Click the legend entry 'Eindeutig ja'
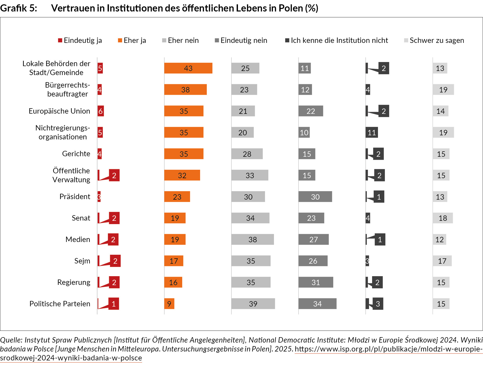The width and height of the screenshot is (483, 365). (x=80, y=40)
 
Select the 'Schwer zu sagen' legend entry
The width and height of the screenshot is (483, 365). (x=434, y=40)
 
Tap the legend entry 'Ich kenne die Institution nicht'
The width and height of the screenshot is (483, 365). (x=337, y=40)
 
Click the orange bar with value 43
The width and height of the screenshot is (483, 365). (x=188, y=68)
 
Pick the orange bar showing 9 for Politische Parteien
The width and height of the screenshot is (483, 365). (x=169, y=304)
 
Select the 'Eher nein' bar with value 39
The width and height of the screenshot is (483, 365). (x=253, y=304)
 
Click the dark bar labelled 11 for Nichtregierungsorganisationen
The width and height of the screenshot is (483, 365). (x=372, y=132)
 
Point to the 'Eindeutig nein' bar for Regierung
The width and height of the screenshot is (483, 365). (x=316, y=282)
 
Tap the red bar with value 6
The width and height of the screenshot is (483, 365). (x=101, y=111)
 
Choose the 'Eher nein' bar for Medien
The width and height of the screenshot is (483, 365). (x=252, y=239)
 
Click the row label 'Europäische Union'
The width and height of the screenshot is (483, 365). (x=59, y=111)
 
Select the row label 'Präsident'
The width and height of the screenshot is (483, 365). (x=75, y=197)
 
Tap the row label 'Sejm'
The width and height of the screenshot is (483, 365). (x=82, y=261)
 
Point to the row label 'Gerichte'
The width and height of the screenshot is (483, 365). (x=76, y=154)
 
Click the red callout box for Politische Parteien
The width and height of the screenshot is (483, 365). (x=113, y=304)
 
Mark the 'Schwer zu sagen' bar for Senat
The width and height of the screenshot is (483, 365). (x=443, y=218)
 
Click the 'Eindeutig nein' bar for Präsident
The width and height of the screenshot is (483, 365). (x=315, y=197)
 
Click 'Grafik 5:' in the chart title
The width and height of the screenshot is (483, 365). (x=19, y=8)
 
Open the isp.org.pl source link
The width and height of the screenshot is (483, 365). (x=388, y=349)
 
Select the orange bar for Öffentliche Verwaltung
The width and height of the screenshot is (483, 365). (x=182, y=175)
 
